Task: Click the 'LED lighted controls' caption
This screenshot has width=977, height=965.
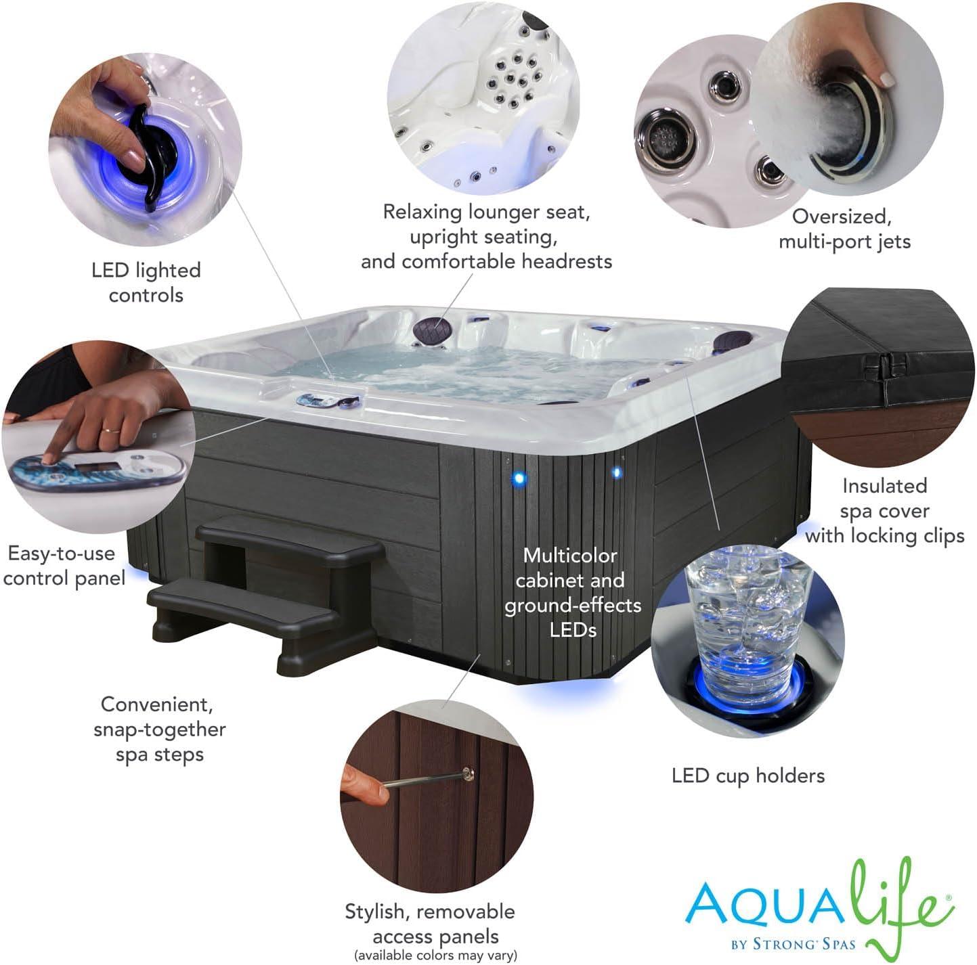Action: [146, 282]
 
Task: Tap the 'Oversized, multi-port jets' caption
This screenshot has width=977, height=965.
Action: [844, 229]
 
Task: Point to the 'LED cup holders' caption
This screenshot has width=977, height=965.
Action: [747, 776]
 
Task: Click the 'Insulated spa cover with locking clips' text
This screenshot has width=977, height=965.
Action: [884, 510]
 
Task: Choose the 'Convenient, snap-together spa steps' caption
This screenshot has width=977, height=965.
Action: [160, 729]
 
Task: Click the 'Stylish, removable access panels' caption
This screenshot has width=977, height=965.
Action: [431, 924]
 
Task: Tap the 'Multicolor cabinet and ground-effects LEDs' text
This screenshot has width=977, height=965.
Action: [572, 592]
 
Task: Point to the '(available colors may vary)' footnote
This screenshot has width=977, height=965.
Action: [435, 955]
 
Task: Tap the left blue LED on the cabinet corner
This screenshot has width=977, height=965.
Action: [519, 478]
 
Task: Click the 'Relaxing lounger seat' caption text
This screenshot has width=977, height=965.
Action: [486, 212]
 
